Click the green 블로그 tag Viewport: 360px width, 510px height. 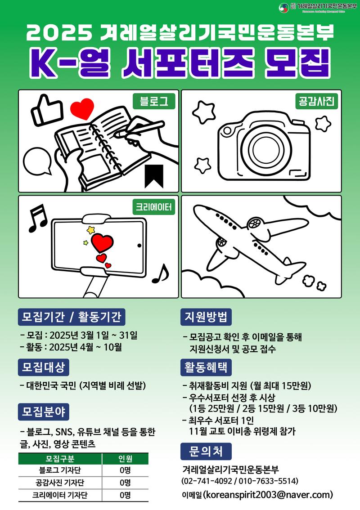[154, 101]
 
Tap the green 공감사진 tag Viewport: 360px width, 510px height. [316, 101]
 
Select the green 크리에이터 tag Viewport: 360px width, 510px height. [153, 207]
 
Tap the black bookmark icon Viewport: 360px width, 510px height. [154, 176]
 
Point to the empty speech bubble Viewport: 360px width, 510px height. [38, 161]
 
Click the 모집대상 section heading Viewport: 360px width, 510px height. [44, 367]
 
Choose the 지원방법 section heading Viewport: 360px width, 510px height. [206, 317]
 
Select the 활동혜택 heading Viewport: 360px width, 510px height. [206, 367]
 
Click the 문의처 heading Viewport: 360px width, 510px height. [206, 451]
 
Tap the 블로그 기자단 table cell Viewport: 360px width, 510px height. [60, 470]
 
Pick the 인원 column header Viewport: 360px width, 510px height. [125, 459]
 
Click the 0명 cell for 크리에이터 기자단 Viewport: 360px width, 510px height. [125, 495]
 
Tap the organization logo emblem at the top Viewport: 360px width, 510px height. [284, 8]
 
